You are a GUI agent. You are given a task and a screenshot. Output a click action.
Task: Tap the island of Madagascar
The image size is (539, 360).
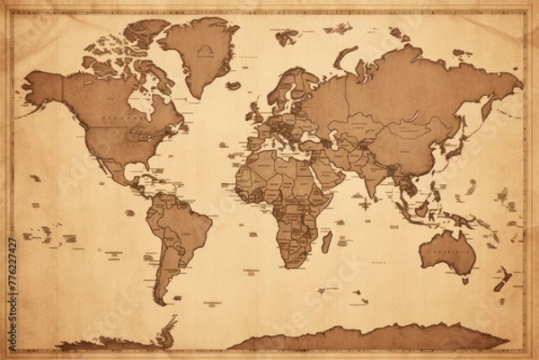(x=327, y=241)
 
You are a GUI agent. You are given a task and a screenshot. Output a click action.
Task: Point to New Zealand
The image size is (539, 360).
(x=501, y=279)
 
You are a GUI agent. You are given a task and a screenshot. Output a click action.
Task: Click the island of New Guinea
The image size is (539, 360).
(x=461, y=219)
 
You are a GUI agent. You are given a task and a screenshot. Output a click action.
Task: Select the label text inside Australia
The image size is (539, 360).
(x=446, y=255)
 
